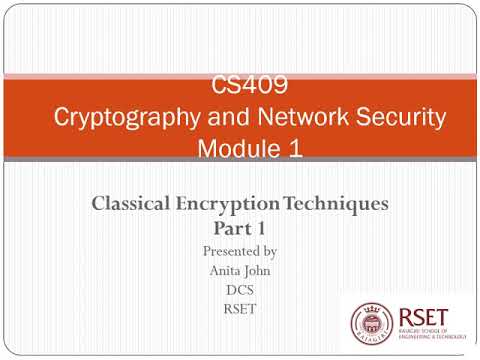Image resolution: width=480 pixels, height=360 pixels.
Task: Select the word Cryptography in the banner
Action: click(117, 118)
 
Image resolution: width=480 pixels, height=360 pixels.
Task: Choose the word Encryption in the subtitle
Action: click(231, 205)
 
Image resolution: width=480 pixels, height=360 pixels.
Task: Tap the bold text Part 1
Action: click(239, 229)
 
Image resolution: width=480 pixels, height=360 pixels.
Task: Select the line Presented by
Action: click(239, 250)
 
